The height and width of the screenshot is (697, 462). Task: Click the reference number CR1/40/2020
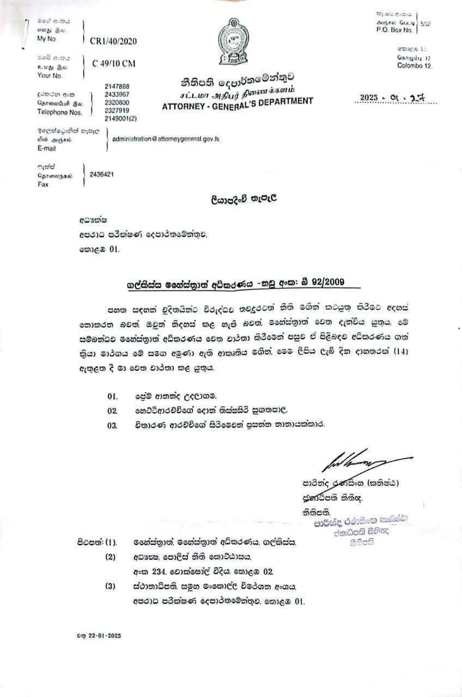coord(114,40)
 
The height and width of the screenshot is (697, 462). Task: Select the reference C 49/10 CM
coord(114,63)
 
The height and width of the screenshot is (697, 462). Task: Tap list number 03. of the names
coord(113,425)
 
